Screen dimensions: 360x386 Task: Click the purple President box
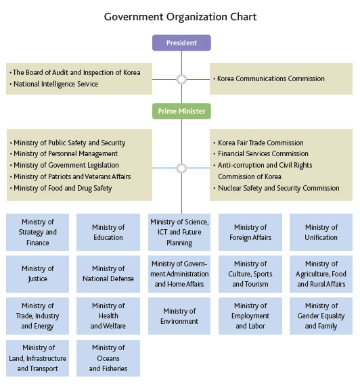181,43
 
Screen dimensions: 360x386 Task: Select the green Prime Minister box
181,111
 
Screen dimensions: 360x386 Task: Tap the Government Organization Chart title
180,17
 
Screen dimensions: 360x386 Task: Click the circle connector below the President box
181,79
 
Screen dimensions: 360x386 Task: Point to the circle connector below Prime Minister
181,168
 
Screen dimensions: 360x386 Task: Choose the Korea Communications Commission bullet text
271,78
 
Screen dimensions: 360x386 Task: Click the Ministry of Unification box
321,232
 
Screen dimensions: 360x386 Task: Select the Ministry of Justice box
37,274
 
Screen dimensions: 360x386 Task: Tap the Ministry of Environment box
179,316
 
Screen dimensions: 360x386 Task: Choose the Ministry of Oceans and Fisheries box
108,358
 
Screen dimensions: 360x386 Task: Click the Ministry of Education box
108,232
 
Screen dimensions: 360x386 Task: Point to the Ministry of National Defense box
108,274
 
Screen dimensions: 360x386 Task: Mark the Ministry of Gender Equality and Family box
321,316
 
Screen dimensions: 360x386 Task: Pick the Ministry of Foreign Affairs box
250,232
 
